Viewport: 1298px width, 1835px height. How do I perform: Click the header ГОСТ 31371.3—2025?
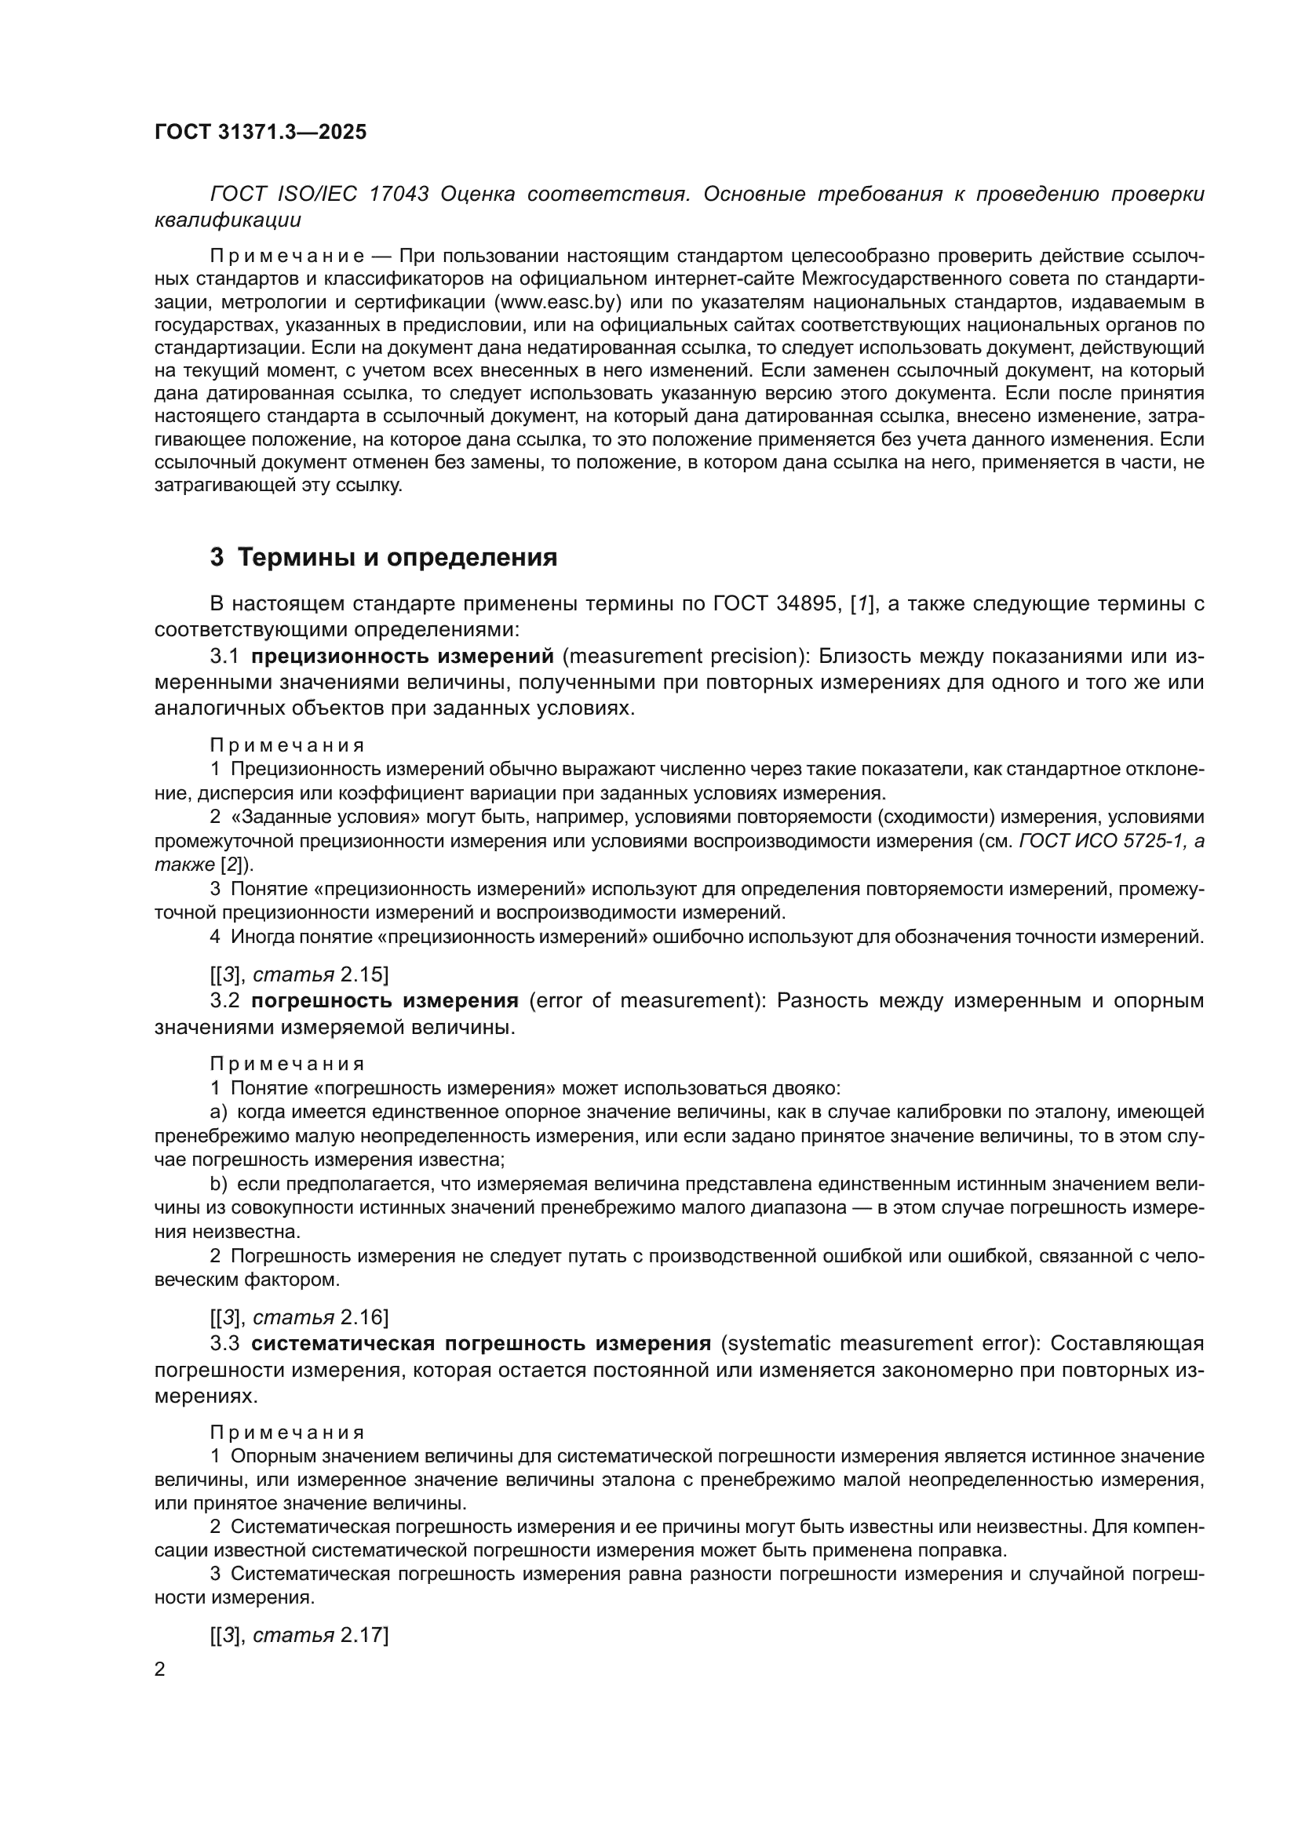pos(261,132)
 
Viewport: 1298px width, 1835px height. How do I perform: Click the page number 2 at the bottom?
pos(160,1669)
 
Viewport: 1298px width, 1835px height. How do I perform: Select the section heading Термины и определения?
pos(397,557)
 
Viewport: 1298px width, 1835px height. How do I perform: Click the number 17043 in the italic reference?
pos(399,195)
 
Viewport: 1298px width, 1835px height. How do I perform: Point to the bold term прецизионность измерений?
pos(402,656)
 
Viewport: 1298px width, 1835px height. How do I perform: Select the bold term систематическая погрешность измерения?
pos(481,1343)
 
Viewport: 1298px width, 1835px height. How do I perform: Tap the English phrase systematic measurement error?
pos(876,1343)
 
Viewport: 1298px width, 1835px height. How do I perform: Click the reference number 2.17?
pos(363,1636)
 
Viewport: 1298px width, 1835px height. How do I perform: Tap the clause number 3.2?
pos(224,1000)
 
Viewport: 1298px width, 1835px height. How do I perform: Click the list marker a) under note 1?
pos(218,1112)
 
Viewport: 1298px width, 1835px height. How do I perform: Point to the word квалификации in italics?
pos(227,220)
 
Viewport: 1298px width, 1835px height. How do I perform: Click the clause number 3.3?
pos(224,1343)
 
